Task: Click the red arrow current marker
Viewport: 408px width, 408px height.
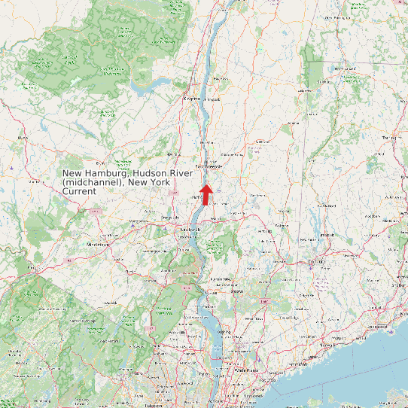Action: click(206, 193)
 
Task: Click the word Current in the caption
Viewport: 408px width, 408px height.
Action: click(80, 192)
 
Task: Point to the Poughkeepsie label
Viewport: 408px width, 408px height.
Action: click(210, 166)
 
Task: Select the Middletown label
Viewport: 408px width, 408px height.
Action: click(99, 245)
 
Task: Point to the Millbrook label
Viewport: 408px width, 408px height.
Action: click(263, 142)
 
